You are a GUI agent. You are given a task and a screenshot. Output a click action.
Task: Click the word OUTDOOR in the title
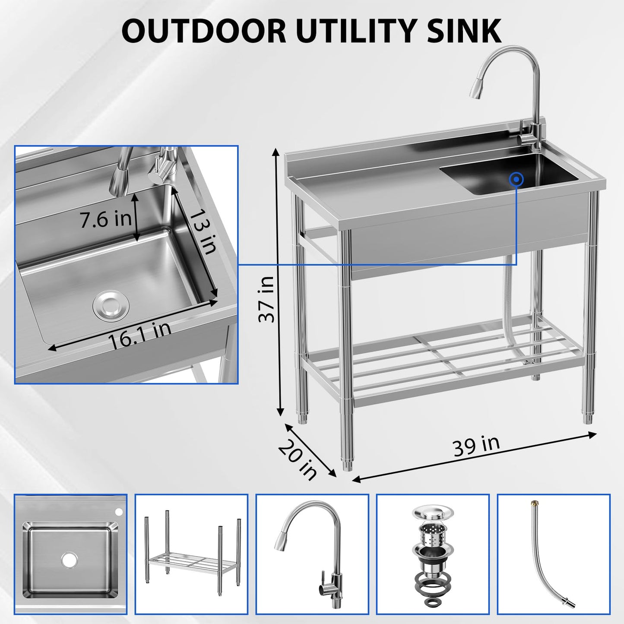[x=203, y=31]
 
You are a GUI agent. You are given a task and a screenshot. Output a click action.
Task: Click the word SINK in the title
[x=464, y=31]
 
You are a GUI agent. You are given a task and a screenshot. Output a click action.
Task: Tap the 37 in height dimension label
[x=266, y=299]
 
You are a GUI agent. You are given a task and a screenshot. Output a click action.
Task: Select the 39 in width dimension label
[x=476, y=445]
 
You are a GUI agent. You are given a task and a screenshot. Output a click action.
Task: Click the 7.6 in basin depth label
[x=106, y=219]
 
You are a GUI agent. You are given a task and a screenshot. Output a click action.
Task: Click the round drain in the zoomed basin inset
[x=111, y=305]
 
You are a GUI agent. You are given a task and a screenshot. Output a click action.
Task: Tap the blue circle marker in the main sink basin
[x=516, y=179]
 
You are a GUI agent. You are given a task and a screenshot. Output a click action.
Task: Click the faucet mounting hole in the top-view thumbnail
[x=119, y=512]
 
